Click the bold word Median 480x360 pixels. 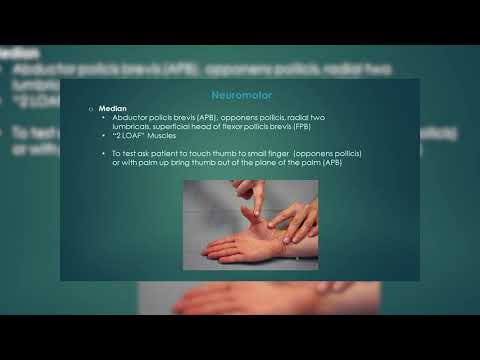112,108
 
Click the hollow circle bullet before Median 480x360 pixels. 90,108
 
